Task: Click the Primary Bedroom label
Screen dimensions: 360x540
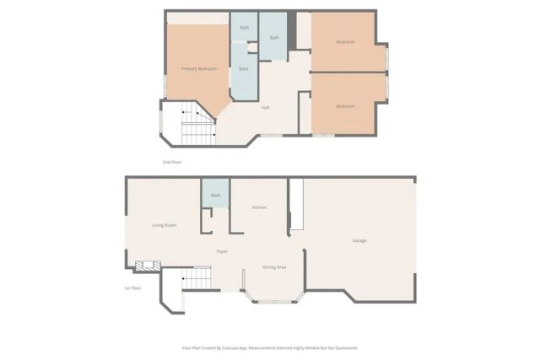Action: [199, 68]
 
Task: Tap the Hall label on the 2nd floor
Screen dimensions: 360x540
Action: [265, 107]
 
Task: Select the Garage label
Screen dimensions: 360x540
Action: [359, 241]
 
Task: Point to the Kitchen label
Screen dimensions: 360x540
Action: [260, 207]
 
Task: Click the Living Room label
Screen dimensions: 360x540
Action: [164, 225]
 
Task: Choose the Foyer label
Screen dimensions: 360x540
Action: [222, 251]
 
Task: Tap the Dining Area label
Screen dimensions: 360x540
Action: [275, 266]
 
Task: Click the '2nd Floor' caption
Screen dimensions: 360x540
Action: [172, 161]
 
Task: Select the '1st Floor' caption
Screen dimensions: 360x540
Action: [132, 288]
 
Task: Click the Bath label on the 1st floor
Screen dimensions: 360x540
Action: [215, 196]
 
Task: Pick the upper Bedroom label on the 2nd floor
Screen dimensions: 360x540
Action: [345, 41]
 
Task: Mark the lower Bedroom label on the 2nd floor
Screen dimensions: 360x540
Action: [345, 106]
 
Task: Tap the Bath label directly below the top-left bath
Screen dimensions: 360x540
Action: [244, 68]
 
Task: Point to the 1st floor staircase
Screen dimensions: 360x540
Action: [196, 277]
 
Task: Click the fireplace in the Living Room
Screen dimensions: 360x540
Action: [147, 266]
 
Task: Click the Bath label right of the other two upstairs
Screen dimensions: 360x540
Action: [274, 37]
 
